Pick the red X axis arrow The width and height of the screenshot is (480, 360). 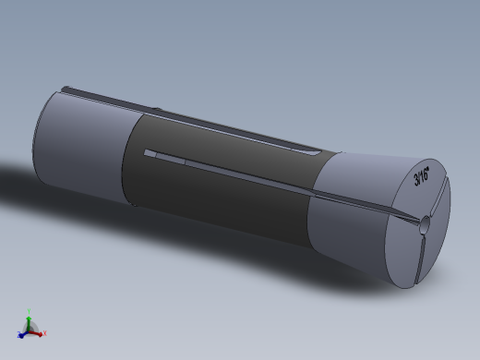(x=39, y=330)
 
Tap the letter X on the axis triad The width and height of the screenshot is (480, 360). (x=45, y=332)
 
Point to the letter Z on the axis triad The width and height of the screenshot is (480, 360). (x=18, y=335)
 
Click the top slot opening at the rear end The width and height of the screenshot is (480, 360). (x=69, y=90)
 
